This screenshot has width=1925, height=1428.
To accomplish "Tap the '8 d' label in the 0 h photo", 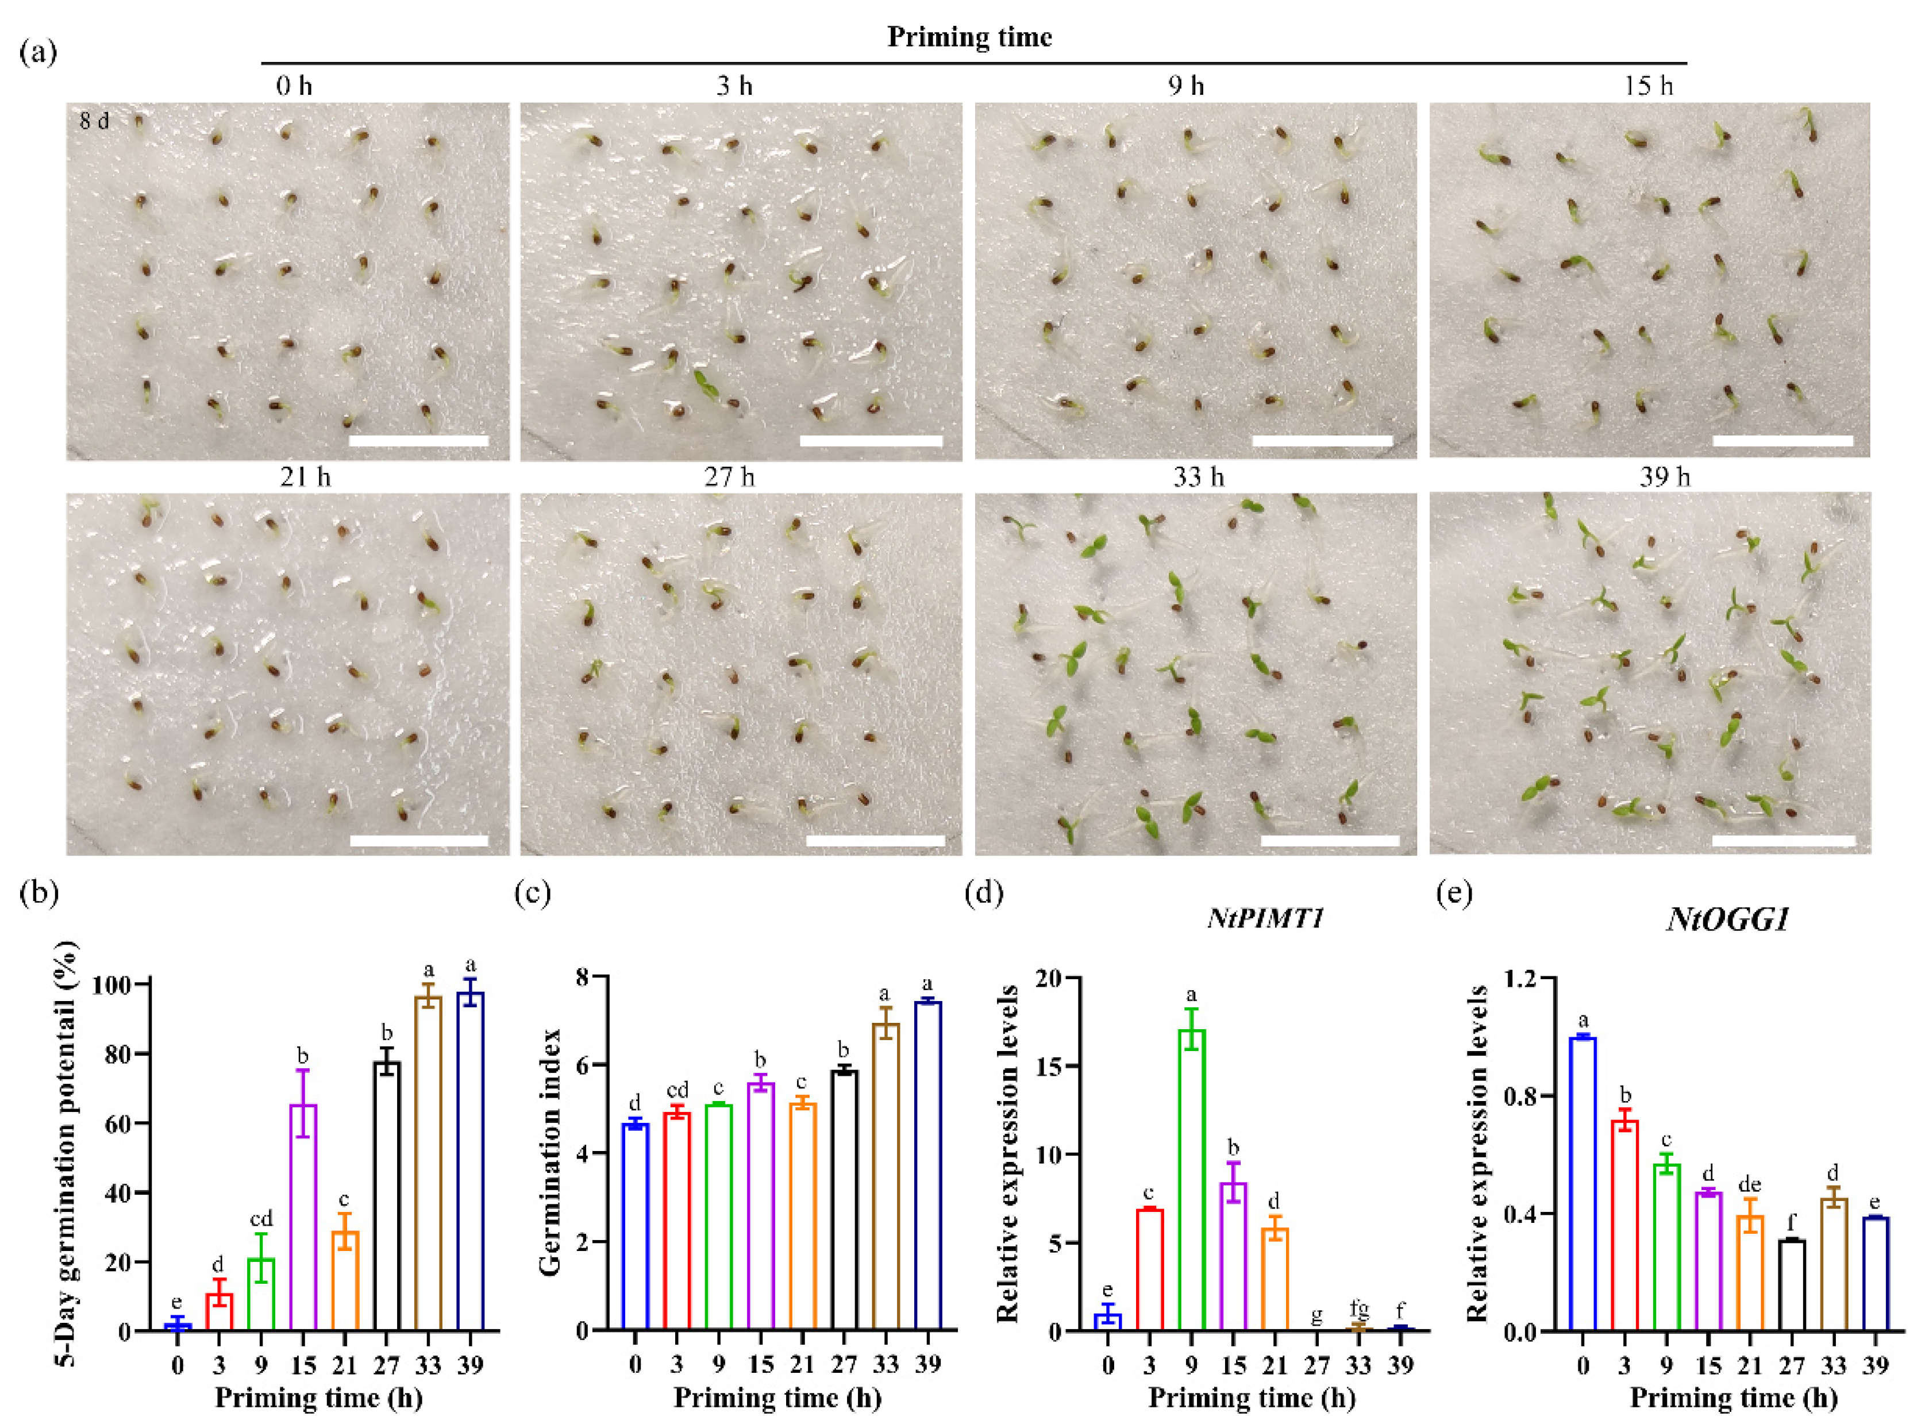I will pyautogui.click(x=94, y=121).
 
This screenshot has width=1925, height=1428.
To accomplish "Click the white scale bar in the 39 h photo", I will pyautogui.click(x=1782, y=840).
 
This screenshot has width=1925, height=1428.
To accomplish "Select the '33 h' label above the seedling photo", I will pyautogui.click(x=1198, y=477).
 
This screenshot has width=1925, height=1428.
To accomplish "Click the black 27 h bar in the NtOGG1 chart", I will pyautogui.click(x=1791, y=1285).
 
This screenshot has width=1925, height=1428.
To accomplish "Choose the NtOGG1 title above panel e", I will pyautogui.click(x=1727, y=919).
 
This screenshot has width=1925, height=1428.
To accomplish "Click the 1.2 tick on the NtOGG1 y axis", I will pyautogui.click(x=1523, y=979).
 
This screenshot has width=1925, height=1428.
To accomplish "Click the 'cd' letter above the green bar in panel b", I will pyautogui.click(x=261, y=1219).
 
